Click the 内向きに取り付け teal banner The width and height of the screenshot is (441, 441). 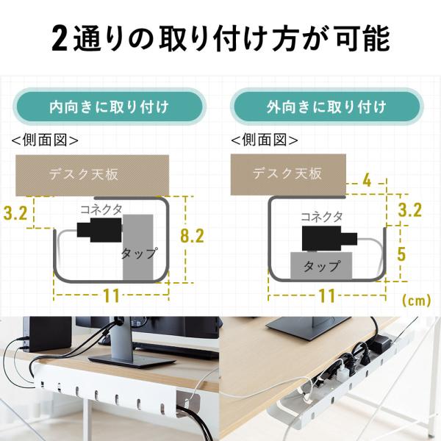(x=110, y=107)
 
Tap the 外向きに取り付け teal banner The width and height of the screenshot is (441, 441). (x=327, y=107)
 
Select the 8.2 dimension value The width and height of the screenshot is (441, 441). (x=192, y=236)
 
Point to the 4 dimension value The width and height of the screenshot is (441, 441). (x=367, y=180)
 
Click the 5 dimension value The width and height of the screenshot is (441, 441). (x=401, y=254)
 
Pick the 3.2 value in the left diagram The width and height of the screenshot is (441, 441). (x=15, y=213)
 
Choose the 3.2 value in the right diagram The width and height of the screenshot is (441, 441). (x=410, y=210)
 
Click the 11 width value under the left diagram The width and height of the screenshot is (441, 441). (x=112, y=295)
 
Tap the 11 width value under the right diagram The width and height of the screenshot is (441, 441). (x=327, y=295)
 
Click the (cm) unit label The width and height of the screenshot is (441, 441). (x=417, y=301)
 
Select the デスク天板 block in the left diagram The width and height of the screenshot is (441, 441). (x=93, y=175)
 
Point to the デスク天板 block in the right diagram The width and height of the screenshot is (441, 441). (x=288, y=174)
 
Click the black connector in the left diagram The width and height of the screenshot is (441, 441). (x=99, y=230)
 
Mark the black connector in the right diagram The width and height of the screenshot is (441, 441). (x=329, y=237)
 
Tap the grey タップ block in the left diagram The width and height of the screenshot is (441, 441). (x=138, y=247)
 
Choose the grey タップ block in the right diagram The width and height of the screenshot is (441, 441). (x=321, y=265)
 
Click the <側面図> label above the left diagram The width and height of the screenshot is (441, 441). (x=45, y=140)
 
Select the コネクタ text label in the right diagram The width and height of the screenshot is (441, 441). (x=322, y=217)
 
